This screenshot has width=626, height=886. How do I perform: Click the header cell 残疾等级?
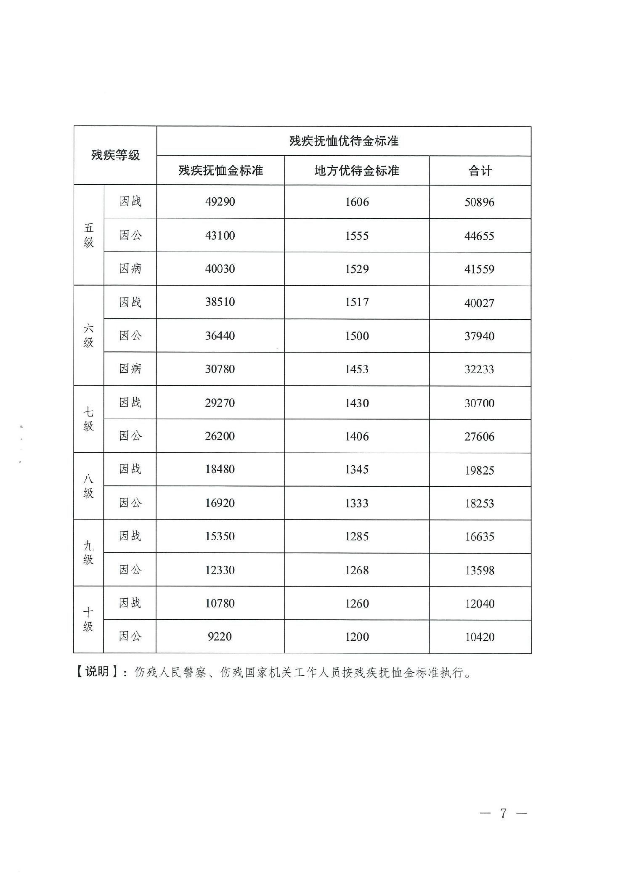(115, 155)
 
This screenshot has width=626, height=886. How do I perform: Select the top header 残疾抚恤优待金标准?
(344, 141)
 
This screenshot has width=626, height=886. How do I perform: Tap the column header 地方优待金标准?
(357, 170)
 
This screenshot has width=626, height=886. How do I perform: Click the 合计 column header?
(480, 171)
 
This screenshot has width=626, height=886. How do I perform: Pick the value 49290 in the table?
(220, 202)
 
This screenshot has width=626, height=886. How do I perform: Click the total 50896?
(479, 202)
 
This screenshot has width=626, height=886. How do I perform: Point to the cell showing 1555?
(357, 236)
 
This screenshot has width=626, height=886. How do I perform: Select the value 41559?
(479, 269)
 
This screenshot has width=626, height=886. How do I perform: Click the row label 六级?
(88, 335)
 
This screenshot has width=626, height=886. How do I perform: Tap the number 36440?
(220, 336)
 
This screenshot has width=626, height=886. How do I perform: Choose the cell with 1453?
(357, 369)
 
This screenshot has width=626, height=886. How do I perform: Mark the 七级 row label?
(88, 419)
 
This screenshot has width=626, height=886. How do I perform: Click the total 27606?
(479, 437)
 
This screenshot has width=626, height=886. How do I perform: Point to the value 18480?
(220, 470)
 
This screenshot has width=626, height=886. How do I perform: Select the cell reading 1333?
(357, 503)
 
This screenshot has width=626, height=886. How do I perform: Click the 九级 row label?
(88, 553)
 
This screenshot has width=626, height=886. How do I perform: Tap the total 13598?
(480, 570)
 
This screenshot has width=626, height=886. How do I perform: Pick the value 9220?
(220, 637)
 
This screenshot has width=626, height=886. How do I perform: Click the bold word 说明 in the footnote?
(97, 671)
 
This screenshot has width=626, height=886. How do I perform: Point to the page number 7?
(503, 813)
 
